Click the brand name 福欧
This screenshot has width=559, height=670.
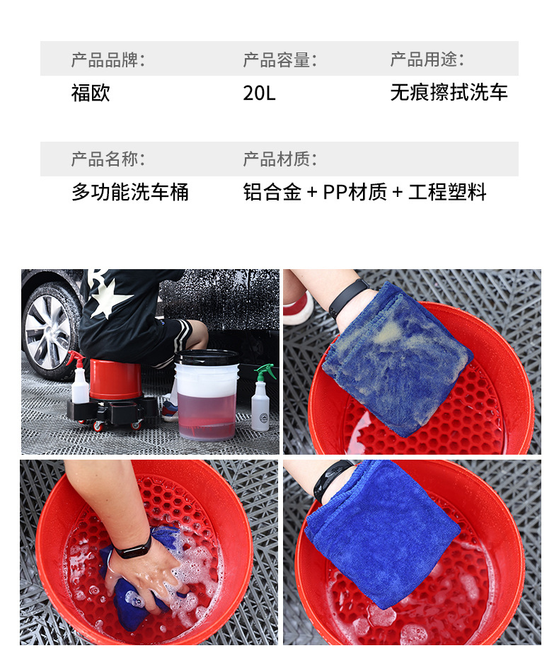coord(91,93)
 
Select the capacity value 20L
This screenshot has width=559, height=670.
coord(259,93)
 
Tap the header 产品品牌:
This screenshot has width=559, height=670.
coord(108,59)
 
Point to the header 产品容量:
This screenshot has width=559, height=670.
coord(279,59)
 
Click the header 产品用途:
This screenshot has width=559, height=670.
coord(427,59)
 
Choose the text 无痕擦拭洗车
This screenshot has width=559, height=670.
coord(449,93)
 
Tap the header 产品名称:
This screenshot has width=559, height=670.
coord(108,159)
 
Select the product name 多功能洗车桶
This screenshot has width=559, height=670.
coord(130,192)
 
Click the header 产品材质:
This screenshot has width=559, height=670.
coord(279,159)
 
